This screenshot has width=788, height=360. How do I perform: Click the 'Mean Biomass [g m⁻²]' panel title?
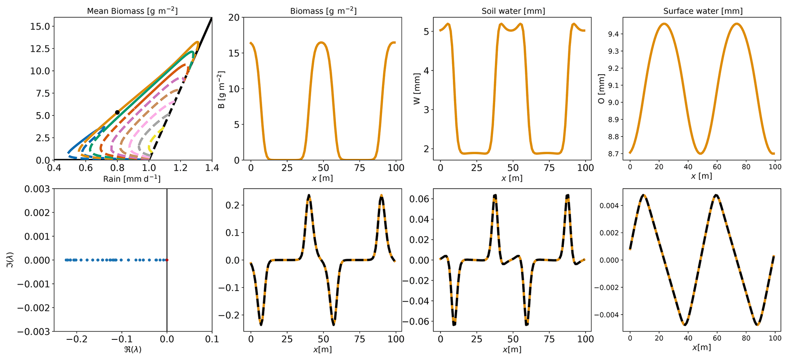(132, 11)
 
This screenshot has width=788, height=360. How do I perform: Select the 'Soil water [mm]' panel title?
(513, 11)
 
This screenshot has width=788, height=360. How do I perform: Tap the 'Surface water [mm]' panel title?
(703, 11)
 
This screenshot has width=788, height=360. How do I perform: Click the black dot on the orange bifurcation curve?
(117, 112)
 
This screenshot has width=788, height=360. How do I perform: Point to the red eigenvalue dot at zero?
(167, 260)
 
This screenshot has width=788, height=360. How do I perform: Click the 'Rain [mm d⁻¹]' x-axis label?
(132, 179)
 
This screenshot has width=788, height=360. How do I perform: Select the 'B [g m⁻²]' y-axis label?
(221, 89)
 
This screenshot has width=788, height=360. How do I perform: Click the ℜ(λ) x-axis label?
(133, 349)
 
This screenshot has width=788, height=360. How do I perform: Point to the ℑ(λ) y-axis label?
(10, 260)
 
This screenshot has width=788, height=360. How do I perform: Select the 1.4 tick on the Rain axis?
(212, 168)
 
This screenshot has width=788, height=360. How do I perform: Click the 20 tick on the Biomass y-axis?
(233, 18)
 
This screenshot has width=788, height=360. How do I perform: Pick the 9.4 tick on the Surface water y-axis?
(612, 34)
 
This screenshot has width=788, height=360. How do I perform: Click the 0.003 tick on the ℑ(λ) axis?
(37, 189)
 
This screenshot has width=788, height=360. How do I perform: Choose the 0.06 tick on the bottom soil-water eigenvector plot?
(419, 199)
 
